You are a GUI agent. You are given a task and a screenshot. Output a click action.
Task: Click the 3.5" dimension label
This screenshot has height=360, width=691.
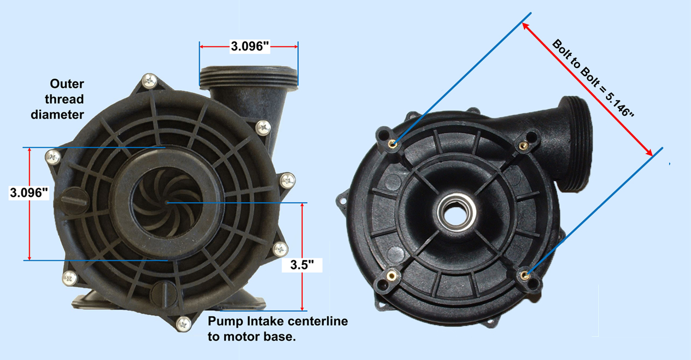tap(302, 265)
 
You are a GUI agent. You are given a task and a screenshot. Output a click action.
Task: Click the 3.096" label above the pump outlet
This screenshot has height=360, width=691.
tap(250, 46)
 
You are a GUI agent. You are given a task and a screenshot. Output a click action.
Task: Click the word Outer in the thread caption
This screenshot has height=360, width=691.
tap(67, 84)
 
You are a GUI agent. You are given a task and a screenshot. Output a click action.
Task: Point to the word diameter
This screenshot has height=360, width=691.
tap(57, 114)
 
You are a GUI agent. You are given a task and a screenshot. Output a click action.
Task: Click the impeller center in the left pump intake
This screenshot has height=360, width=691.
tap(166, 202)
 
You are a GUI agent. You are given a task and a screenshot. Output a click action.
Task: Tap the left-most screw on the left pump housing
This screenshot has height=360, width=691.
tap(52, 157)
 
